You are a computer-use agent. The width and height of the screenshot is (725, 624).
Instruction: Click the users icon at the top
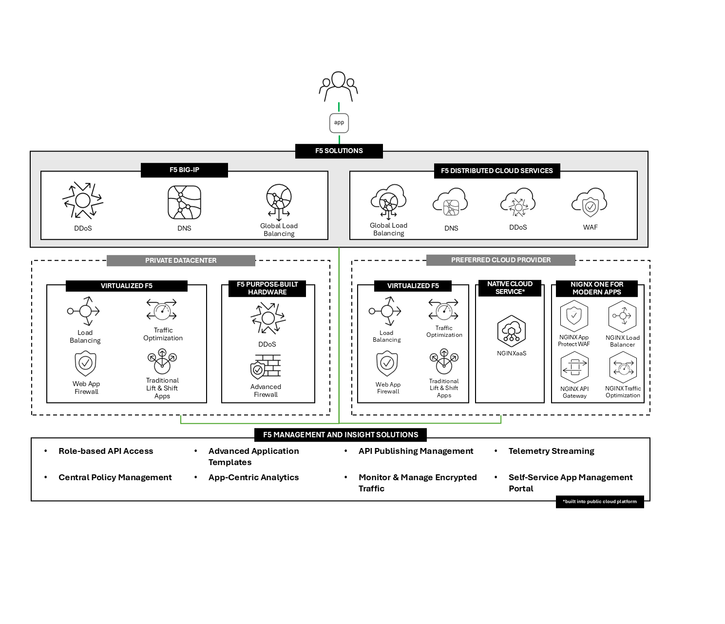(339, 86)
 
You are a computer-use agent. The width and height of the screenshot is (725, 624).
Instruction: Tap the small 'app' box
(339, 123)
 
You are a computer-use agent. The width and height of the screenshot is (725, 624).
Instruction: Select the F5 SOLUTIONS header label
(339, 151)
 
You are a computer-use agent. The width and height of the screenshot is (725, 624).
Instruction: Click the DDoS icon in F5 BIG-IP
(83, 200)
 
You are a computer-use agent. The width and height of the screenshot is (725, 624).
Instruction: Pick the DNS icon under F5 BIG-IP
(184, 202)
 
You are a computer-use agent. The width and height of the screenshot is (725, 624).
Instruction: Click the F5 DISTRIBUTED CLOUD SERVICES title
(496, 171)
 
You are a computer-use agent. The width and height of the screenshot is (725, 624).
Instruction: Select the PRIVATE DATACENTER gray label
(181, 260)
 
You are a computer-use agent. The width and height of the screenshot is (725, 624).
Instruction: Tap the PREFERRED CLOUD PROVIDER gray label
(500, 260)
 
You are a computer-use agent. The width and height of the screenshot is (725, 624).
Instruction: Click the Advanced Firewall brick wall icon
(266, 367)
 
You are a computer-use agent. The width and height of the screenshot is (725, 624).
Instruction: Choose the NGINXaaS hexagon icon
(511, 331)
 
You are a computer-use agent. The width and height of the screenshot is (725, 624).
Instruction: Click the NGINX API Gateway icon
(574, 368)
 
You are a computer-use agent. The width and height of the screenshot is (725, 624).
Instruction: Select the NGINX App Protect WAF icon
(574, 316)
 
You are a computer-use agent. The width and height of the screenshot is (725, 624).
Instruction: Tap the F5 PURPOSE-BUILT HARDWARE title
(267, 288)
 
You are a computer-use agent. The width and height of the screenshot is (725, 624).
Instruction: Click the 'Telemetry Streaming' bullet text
(551, 451)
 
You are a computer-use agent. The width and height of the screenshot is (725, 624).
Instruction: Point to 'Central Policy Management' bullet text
(115, 477)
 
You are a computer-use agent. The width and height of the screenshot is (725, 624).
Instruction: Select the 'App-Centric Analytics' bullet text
(253, 477)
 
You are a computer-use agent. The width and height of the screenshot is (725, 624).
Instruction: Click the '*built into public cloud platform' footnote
(599, 502)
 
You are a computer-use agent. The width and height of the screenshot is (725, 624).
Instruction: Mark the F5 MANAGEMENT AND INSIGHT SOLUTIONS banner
(341, 434)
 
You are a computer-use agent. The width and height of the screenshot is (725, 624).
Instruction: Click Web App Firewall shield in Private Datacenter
(86, 364)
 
